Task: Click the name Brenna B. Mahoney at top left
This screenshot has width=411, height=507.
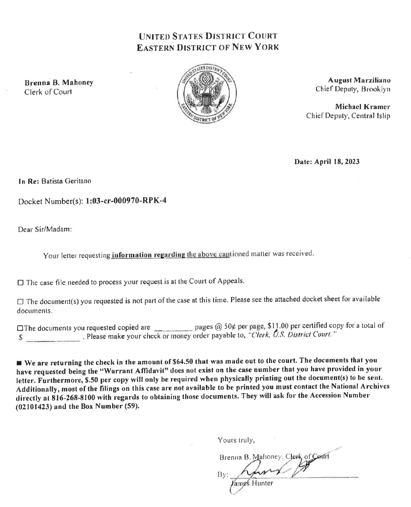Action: click(x=59, y=83)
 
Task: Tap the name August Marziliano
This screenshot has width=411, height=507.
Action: click(x=359, y=80)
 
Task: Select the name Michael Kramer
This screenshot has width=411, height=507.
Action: click(x=362, y=106)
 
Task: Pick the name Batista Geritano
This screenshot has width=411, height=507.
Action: click(x=66, y=181)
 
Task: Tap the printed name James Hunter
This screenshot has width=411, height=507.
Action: click(x=252, y=484)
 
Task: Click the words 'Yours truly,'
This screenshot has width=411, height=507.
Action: click(x=236, y=440)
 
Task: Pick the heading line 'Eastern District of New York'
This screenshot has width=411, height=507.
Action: click(x=208, y=47)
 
